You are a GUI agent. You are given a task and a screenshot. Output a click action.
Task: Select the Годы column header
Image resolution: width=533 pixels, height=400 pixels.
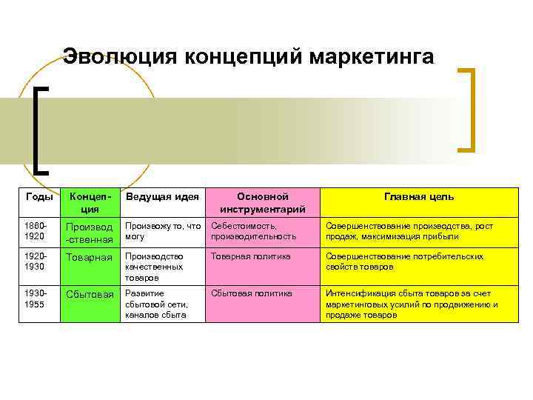point(39,197)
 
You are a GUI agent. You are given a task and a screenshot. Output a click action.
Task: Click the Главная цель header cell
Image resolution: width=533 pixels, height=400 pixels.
point(419,197)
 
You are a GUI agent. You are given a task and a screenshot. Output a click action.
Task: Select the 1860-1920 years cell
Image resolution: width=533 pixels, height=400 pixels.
point(39,231)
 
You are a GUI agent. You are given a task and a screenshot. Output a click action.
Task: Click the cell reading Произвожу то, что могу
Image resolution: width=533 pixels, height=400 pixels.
point(163,231)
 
